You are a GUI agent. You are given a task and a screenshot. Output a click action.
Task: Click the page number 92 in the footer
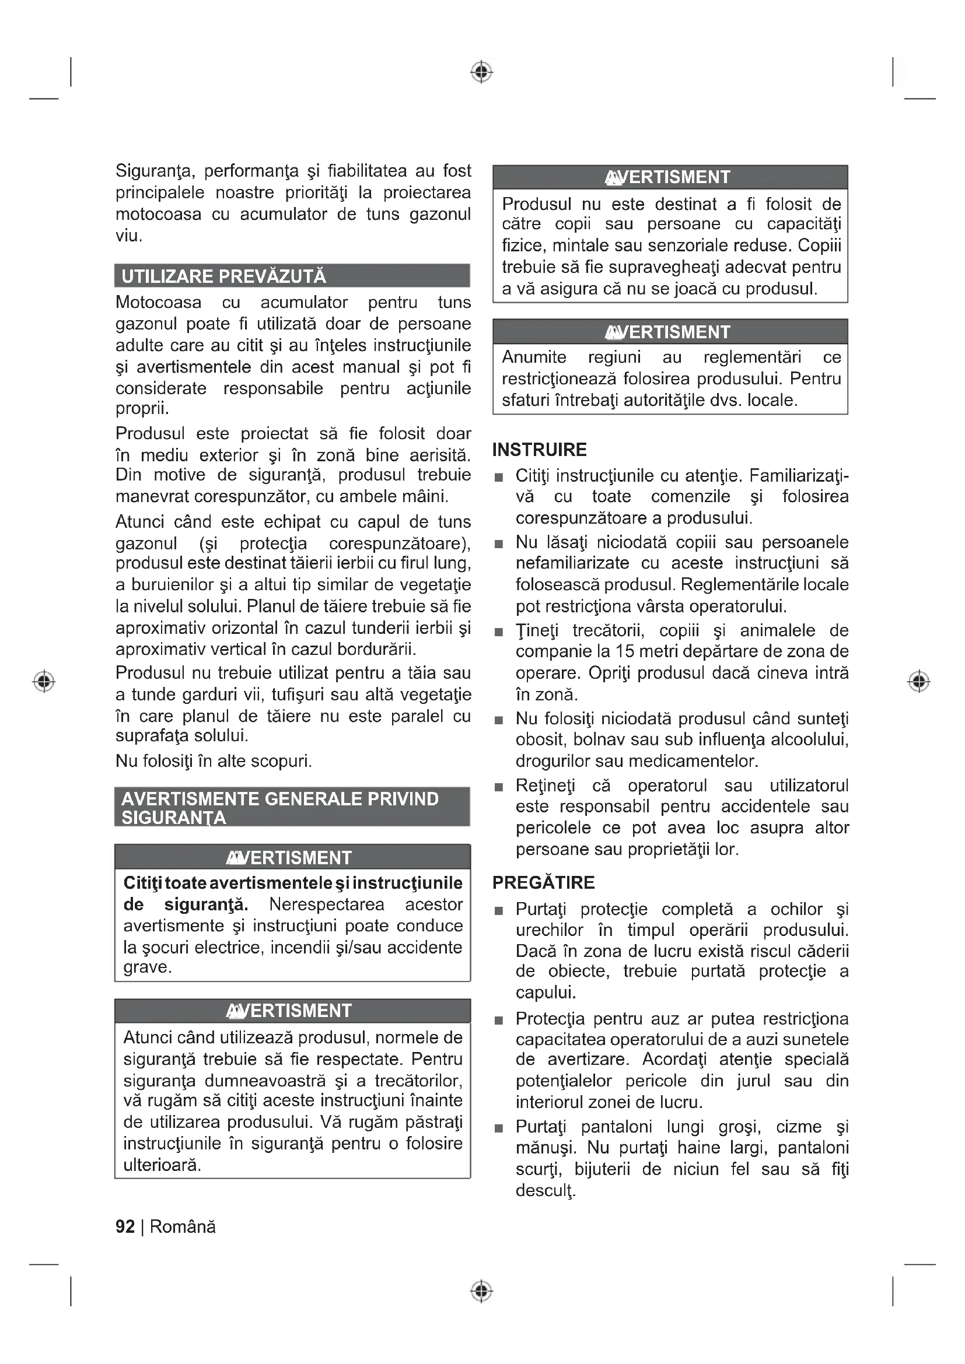(x=125, y=1226)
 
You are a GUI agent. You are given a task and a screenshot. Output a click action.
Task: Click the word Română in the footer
(x=183, y=1226)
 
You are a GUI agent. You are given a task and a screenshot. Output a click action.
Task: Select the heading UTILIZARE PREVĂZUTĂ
(x=223, y=276)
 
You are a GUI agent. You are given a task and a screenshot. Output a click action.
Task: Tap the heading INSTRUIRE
(x=539, y=450)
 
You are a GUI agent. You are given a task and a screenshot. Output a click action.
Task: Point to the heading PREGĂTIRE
(x=543, y=882)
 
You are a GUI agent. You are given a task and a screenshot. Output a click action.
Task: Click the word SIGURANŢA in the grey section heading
(x=173, y=818)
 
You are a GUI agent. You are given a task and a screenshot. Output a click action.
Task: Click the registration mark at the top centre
(x=482, y=72)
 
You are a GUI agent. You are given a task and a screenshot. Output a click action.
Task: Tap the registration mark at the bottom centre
(x=482, y=1291)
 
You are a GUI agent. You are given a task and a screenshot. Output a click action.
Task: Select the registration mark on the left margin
(x=44, y=681)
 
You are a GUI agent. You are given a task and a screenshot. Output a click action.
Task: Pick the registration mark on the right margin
(x=919, y=681)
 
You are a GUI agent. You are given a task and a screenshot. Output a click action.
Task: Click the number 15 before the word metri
(x=624, y=651)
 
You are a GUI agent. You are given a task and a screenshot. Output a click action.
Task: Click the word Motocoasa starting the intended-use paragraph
(x=158, y=303)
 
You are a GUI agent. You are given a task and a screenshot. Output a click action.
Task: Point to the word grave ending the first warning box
(x=147, y=967)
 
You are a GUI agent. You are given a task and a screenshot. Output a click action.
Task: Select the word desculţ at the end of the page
(x=545, y=1191)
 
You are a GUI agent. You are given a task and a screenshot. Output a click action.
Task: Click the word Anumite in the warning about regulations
(x=534, y=357)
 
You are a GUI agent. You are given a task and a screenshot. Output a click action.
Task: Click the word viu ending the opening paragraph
(x=127, y=236)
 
